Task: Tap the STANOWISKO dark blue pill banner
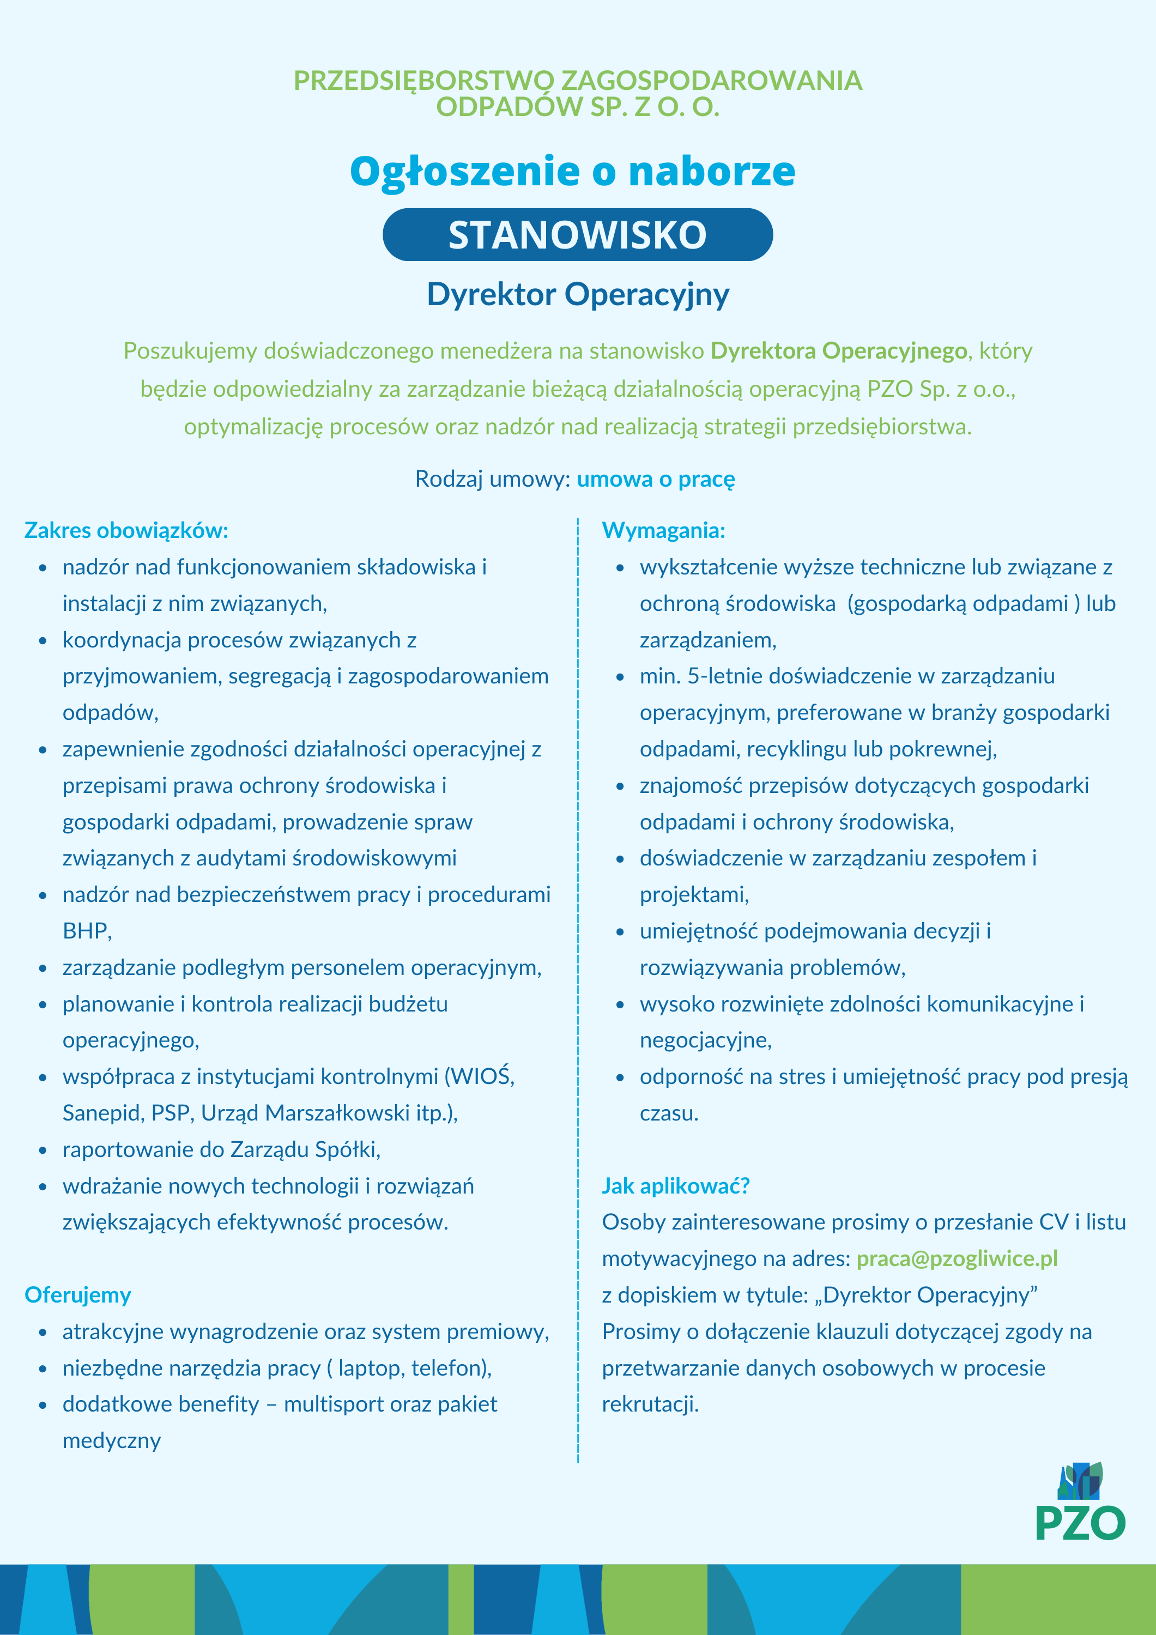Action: point(578,235)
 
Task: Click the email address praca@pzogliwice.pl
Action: point(957,1258)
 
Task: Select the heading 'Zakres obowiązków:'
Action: point(126,530)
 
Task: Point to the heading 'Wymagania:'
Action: point(663,530)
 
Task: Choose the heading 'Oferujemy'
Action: point(77,1294)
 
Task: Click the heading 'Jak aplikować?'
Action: point(675,1186)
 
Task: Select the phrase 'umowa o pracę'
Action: point(655,479)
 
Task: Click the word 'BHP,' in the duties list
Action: point(87,931)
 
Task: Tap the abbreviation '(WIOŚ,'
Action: point(480,1077)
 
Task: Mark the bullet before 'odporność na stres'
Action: point(620,1077)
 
